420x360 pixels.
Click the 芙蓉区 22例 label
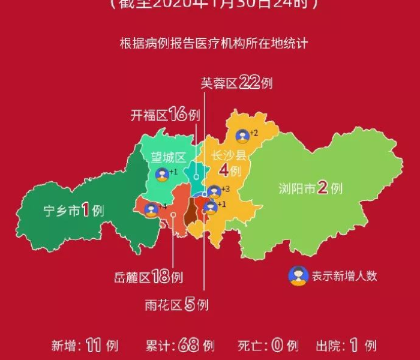[236, 82]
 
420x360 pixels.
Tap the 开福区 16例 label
[164, 115]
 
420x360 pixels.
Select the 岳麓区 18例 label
[148, 277]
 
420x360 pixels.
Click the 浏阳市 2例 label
[310, 188]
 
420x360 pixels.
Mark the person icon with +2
[242, 137]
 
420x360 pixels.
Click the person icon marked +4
[152, 209]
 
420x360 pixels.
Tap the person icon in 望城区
[162, 175]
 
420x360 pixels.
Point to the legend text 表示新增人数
[344, 276]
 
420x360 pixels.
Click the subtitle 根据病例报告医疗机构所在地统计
[214, 43]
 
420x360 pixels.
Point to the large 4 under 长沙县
[224, 171]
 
